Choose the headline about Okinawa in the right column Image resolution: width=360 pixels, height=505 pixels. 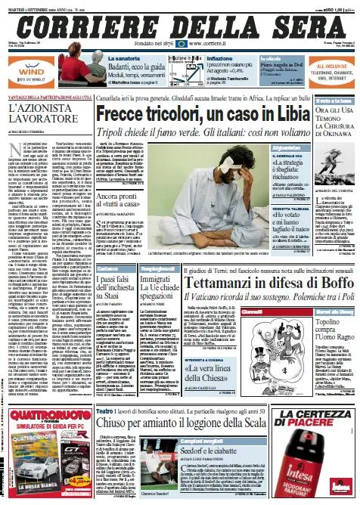pos(329,128)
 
